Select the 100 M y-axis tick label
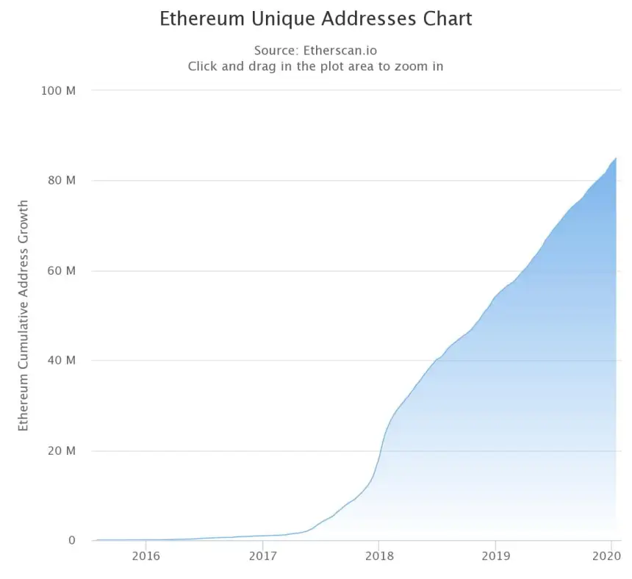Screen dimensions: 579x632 (61, 90)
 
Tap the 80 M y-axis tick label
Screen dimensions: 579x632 (63, 181)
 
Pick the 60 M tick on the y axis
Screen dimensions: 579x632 (63, 270)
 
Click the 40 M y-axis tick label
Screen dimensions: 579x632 (63, 361)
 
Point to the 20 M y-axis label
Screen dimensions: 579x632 (63, 450)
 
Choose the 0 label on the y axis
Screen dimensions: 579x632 (72, 541)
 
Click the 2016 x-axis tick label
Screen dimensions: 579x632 (146, 556)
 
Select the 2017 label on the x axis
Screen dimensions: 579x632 (262, 556)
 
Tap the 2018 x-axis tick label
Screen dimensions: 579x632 (378, 556)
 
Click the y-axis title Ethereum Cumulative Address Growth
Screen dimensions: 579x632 (24, 315)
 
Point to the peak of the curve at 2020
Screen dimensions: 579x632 (615, 158)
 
